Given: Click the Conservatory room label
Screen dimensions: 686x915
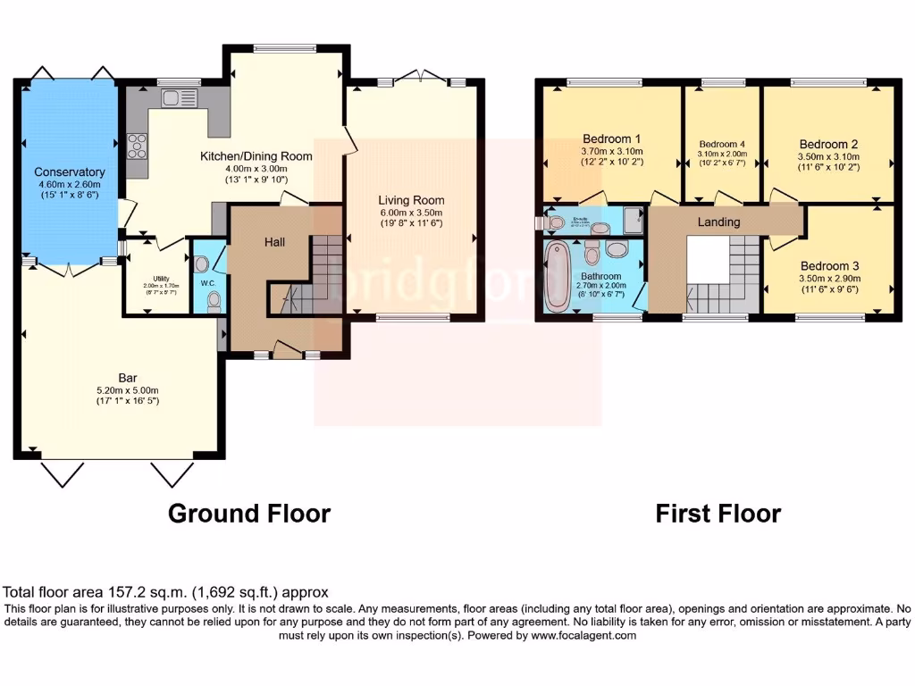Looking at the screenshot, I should click(70, 171).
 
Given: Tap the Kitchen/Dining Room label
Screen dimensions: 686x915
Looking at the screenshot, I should click(256, 156).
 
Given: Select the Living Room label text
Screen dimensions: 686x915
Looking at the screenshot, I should click(411, 200).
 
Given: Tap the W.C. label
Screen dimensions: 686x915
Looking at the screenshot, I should click(207, 284).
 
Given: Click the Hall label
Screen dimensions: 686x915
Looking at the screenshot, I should click(274, 242).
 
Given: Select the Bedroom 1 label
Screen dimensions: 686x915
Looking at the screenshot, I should click(612, 139).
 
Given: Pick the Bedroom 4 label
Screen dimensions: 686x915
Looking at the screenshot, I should click(721, 144).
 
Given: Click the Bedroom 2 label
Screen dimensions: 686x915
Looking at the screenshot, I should click(828, 144).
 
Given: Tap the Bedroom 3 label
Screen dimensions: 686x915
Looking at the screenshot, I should click(828, 266).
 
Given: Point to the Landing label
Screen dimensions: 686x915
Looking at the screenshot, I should click(719, 222).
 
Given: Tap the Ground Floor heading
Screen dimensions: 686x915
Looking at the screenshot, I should click(249, 514).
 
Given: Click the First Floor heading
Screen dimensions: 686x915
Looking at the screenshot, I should click(718, 514).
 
